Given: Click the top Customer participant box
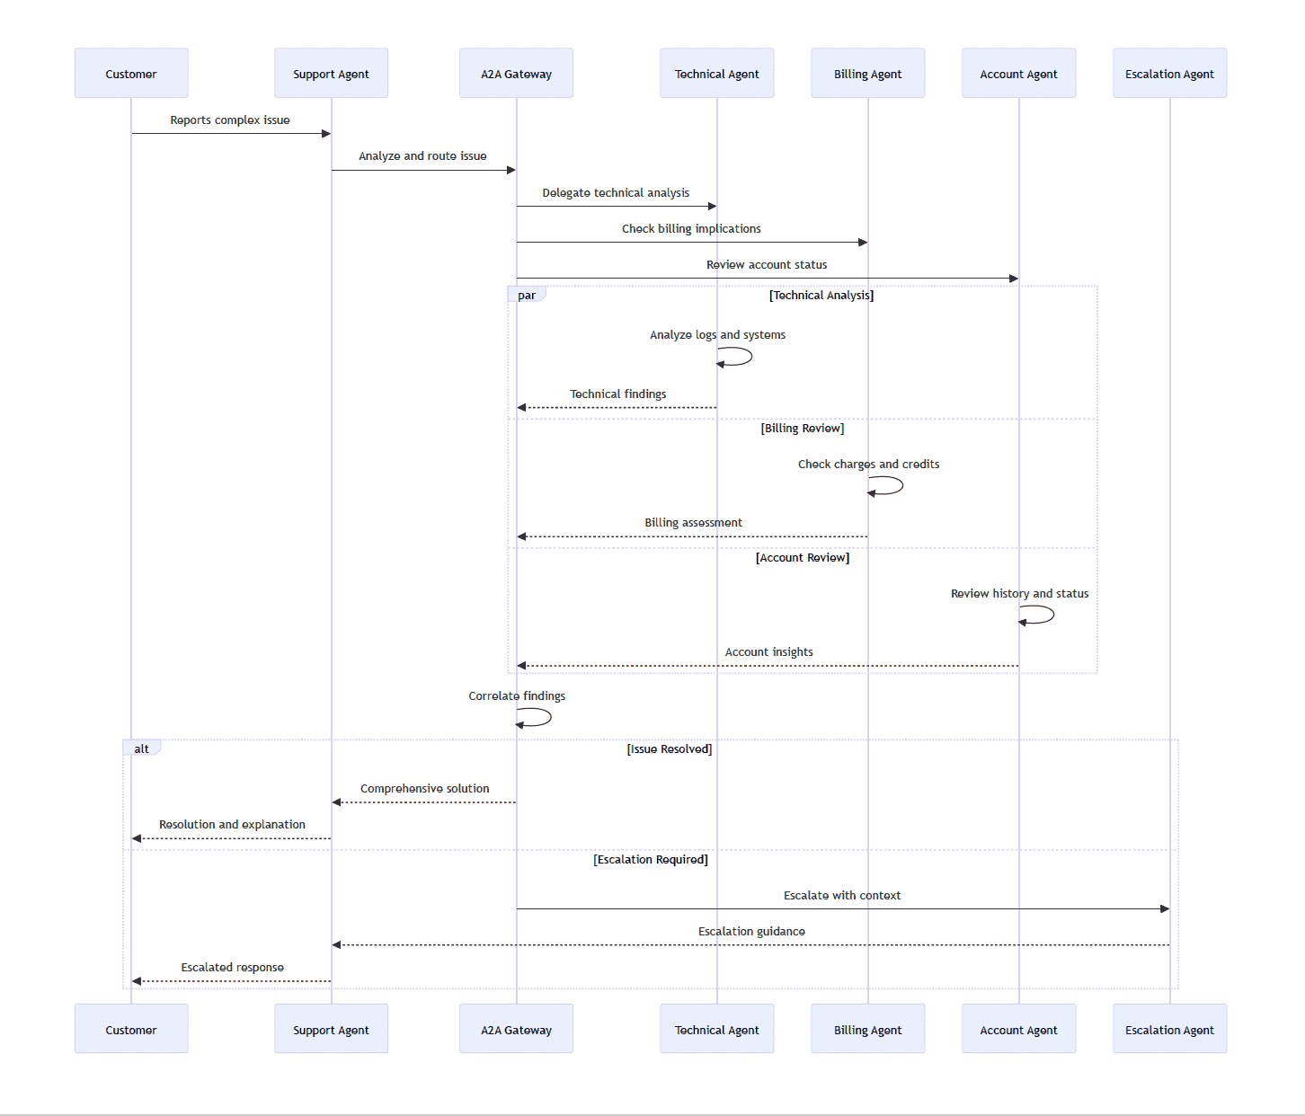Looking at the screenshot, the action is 131,74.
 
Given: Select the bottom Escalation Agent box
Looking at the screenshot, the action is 1169,1030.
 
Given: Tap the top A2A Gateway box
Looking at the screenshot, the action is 516,74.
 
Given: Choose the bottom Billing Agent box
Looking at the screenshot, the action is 867,1030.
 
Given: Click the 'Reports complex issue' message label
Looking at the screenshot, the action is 230,120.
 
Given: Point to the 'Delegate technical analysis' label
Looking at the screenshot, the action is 616,193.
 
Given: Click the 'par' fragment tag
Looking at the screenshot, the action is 527,295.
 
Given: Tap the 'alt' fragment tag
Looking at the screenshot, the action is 142,748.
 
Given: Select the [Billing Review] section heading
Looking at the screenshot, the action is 803,429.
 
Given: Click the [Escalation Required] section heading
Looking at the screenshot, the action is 651,860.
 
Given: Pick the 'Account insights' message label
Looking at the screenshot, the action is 769,652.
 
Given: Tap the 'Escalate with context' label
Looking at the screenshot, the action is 842,896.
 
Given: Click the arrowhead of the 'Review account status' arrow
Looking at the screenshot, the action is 1013,279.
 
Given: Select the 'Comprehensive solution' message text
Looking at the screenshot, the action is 425,789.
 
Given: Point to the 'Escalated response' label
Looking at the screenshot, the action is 233,968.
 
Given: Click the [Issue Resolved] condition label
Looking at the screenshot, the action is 670,749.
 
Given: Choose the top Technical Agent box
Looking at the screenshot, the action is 716,74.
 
